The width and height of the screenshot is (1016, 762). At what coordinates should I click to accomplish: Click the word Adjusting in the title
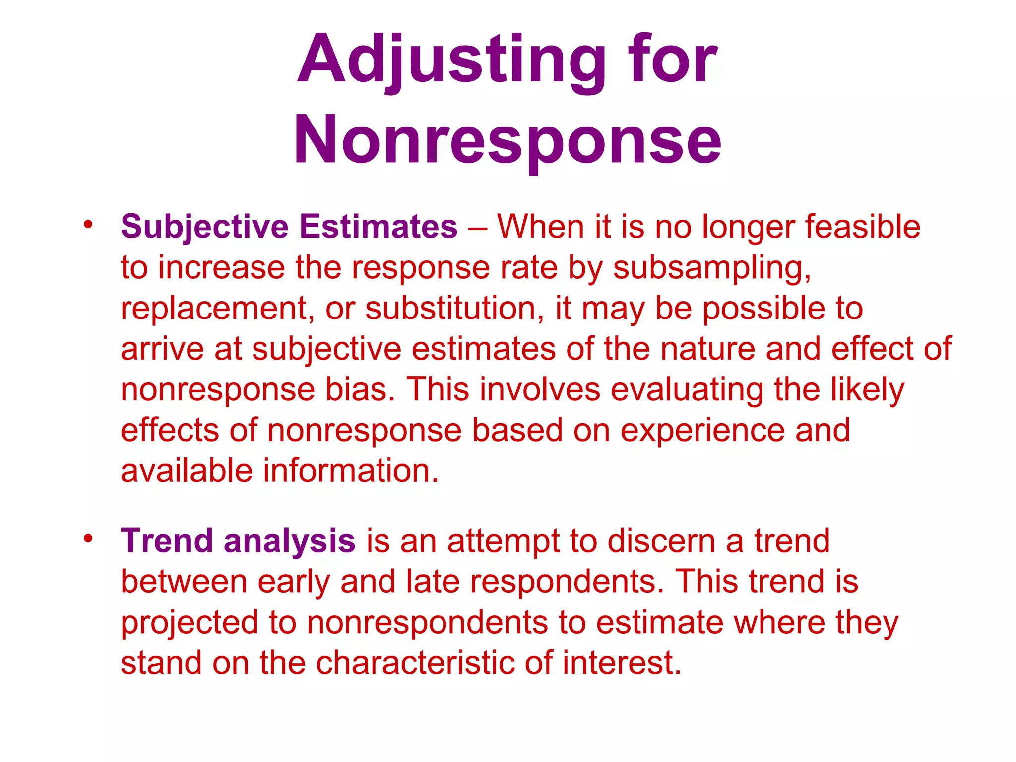[451, 61]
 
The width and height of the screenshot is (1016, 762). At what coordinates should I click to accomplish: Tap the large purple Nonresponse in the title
[507, 140]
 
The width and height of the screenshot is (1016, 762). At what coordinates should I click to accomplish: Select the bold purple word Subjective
[204, 227]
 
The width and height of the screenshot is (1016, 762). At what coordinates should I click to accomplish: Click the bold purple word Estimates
[379, 227]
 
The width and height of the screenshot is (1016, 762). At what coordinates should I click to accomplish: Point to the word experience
[702, 431]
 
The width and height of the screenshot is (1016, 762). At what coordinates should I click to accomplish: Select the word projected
[190, 623]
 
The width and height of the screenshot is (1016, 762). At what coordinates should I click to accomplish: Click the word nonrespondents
[427, 623]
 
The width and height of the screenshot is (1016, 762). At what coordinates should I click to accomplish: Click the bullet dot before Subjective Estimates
[88, 224]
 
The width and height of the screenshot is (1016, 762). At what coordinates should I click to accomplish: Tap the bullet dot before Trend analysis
[88, 538]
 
